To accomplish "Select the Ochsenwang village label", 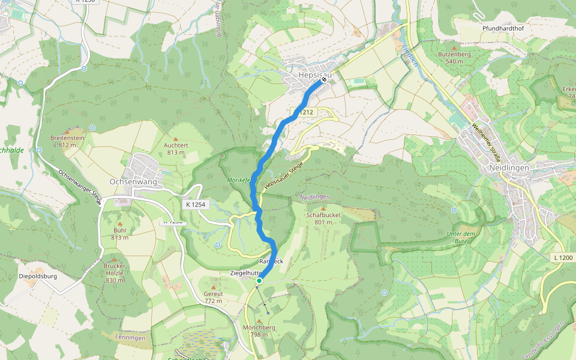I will [x=133, y=181].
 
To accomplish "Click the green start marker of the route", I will [x=259, y=280].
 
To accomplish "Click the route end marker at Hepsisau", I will [x=324, y=79].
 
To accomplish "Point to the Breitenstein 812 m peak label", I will [x=68, y=141].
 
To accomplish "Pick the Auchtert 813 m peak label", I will [x=176, y=148].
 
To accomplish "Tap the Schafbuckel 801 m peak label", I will [x=323, y=218].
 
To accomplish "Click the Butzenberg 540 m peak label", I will [x=454, y=58].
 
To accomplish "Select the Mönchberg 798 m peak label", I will [x=259, y=331].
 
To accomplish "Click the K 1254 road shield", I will [x=196, y=205].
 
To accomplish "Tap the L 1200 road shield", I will [x=563, y=257].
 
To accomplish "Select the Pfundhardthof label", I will [x=504, y=28].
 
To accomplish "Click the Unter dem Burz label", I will [x=461, y=236].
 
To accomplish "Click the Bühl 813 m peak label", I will [x=119, y=234].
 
